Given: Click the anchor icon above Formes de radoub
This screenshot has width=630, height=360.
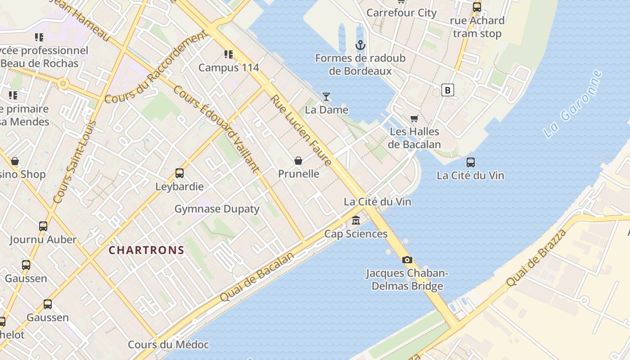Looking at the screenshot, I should [x=360, y=45].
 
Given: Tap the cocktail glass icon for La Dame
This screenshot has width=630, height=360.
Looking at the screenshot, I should [x=326, y=96].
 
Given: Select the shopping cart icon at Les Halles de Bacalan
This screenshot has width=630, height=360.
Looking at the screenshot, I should [x=414, y=118].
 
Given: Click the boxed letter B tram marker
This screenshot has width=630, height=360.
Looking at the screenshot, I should [x=447, y=90].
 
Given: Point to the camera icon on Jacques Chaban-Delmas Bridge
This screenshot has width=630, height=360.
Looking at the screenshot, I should [x=407, y=260].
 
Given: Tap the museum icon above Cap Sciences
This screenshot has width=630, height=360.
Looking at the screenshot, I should [x=356, y=220].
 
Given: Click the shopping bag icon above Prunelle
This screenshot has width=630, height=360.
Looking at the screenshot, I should [x=298, y=161].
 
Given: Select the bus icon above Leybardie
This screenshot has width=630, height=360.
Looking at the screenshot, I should [x=180, y=173].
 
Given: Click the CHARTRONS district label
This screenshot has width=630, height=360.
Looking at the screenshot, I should [x=147, y=250].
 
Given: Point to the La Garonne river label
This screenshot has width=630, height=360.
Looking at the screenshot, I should [x=572, y=104].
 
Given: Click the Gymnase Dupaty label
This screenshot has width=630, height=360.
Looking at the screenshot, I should [x=217, y=209].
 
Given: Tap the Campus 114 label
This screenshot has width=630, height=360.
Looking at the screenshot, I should [x=229, y=67].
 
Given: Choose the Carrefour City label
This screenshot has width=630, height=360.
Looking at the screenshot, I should [x=401, y=13].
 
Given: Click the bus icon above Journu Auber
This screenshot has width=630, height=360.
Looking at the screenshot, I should [x=43, y=226].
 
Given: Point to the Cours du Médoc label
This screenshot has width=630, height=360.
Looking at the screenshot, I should [x=168, y=345].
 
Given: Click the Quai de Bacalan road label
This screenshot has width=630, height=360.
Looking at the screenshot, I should [x=257, y=277].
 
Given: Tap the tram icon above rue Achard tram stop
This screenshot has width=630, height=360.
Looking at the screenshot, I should [x=477, y=7].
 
